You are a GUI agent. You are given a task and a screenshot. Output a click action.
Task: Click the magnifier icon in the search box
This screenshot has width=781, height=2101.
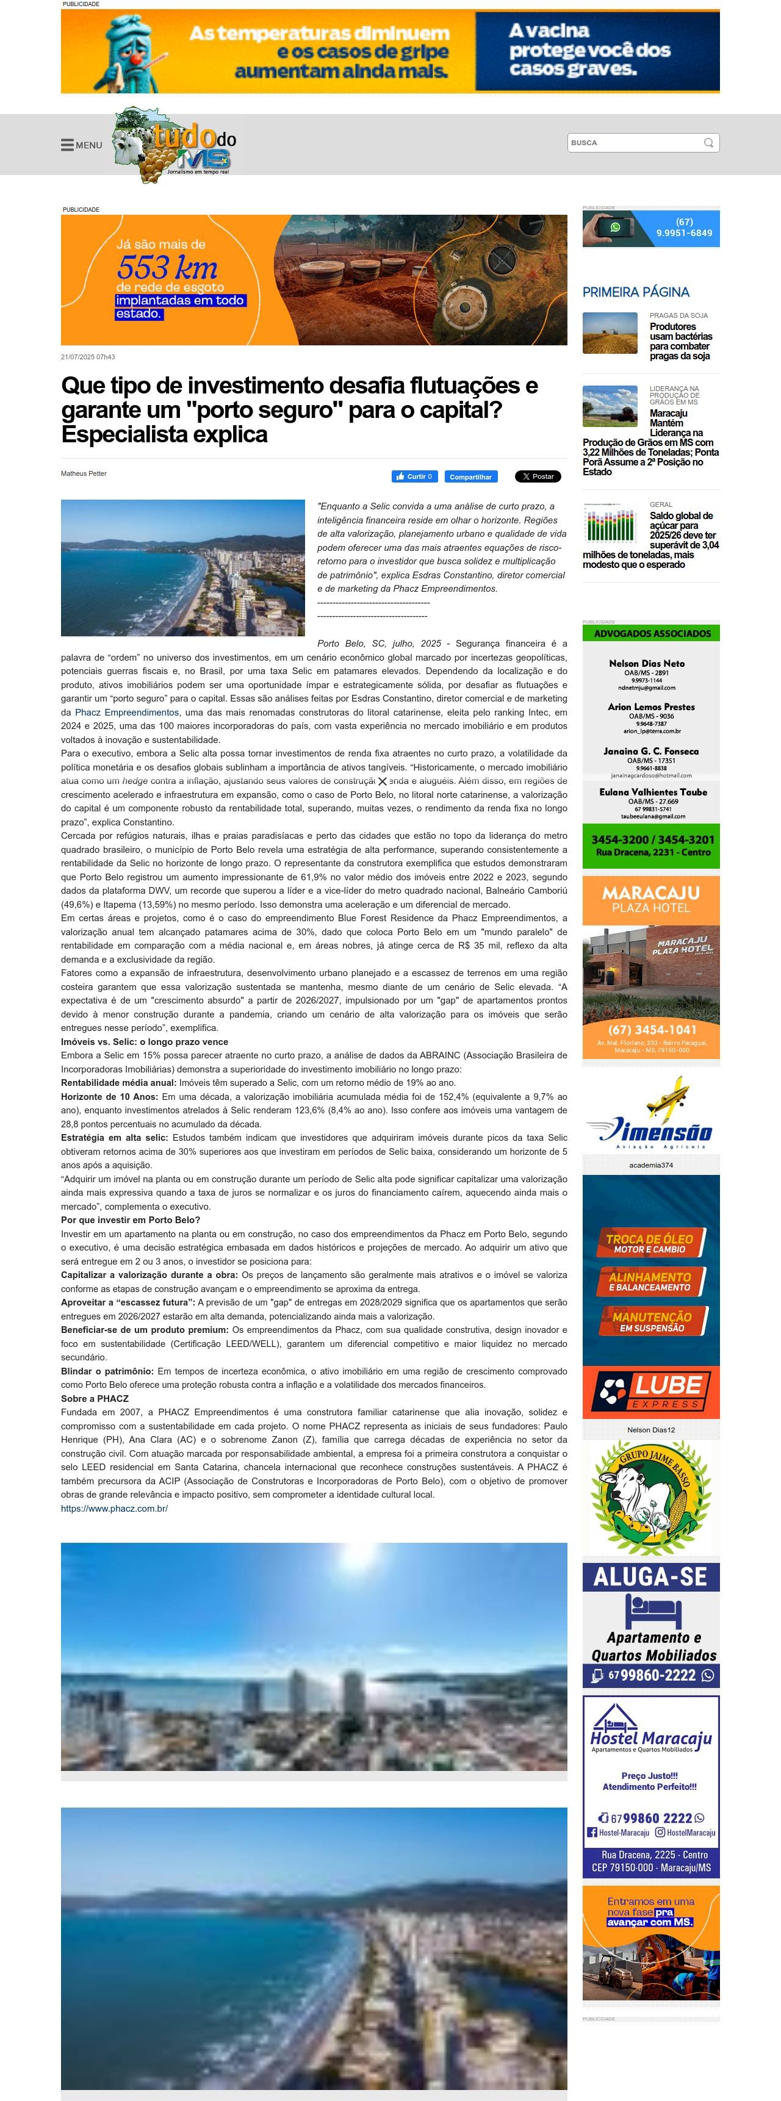pos(708,143)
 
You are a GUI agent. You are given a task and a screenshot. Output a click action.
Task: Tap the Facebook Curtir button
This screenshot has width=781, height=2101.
pos(414,476)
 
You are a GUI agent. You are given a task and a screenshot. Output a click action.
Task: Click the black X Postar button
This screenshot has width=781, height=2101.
pos(537,476)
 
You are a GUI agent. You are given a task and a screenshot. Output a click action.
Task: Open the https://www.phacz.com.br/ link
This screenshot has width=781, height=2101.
pos(114,1508)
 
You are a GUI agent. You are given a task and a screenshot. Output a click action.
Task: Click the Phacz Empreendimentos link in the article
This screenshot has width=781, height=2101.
pos(126,712)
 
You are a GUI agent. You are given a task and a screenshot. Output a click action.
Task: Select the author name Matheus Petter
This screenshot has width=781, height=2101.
pos(83,473)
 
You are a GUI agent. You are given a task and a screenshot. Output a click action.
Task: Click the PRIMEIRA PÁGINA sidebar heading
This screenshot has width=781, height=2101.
pos(635,292)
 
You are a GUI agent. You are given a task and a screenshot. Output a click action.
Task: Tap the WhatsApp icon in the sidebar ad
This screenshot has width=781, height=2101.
pos(614,228)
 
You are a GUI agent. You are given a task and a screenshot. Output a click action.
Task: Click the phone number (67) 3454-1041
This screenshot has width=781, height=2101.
pos(651,1029)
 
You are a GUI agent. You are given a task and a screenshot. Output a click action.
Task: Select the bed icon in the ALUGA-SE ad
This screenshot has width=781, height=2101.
pos(652,1611)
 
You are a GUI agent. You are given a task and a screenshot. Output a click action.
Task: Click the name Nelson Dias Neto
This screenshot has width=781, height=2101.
pos(646,663)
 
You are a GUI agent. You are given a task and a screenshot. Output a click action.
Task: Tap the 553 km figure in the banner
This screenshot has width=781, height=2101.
pos(167,268)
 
